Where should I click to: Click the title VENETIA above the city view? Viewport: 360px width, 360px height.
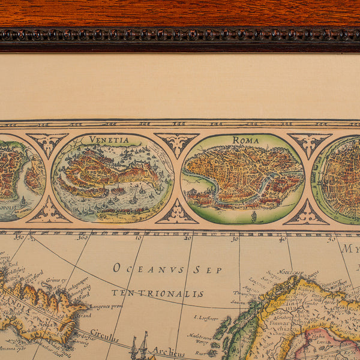pyautogui.click(x=109, y=140)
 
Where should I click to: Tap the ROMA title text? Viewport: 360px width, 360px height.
pyautogui.click(x=245, y=140)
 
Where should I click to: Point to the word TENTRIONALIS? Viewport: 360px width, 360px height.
pyautogui.click(x=157, y=293)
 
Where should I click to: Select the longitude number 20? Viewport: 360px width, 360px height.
pyautogui.click(x=188, y=238)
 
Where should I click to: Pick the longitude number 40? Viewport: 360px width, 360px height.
pyautogui.click(x=281, y=239)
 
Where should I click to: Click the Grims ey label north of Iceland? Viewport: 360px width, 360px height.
pyautogui.click(x=56, y=280)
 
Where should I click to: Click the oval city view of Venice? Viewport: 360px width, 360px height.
pyautogui.click(x=113, y=178)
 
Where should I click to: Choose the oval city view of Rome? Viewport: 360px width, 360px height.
pyautogui.click(x=242, y=178)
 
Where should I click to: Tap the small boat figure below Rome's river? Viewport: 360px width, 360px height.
pyautogui.click(x=254, y=215)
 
